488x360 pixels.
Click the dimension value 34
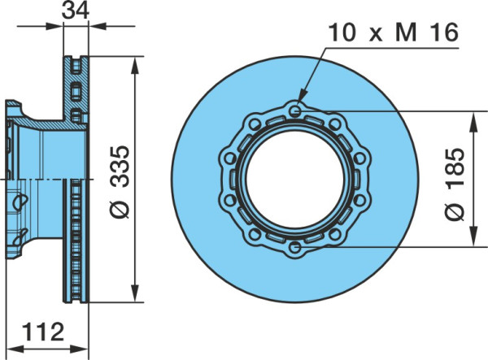click(x=76, y=11)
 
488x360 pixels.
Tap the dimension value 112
click(x=43, y=332)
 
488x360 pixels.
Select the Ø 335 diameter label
click(x=120, y=182)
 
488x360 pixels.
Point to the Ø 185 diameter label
click(x=455, y=184)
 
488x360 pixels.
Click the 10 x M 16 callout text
click(x=394, y=33)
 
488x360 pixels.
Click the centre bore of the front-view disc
click(x=295, y=180)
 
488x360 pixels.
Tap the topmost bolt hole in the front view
click(x=295, y=111)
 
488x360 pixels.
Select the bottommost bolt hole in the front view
click(x=294, y=248)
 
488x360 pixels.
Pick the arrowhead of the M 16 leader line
click(x=301, y=98)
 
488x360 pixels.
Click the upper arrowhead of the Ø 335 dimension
click(x=135, y=65)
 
